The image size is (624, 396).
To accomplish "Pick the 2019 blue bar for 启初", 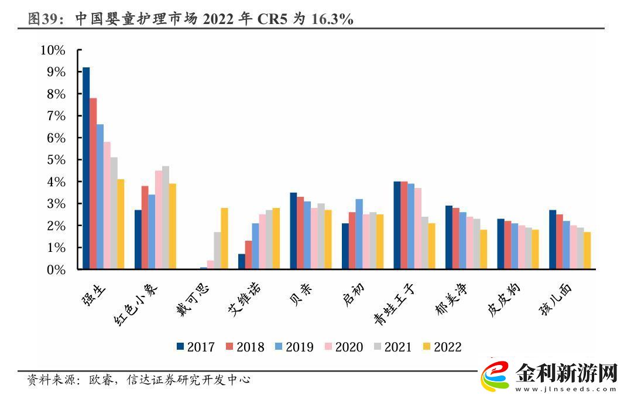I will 359,234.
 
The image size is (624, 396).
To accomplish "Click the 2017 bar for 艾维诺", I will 242,262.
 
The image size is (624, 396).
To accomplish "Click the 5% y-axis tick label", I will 56,160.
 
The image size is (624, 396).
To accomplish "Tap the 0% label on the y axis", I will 56,269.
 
